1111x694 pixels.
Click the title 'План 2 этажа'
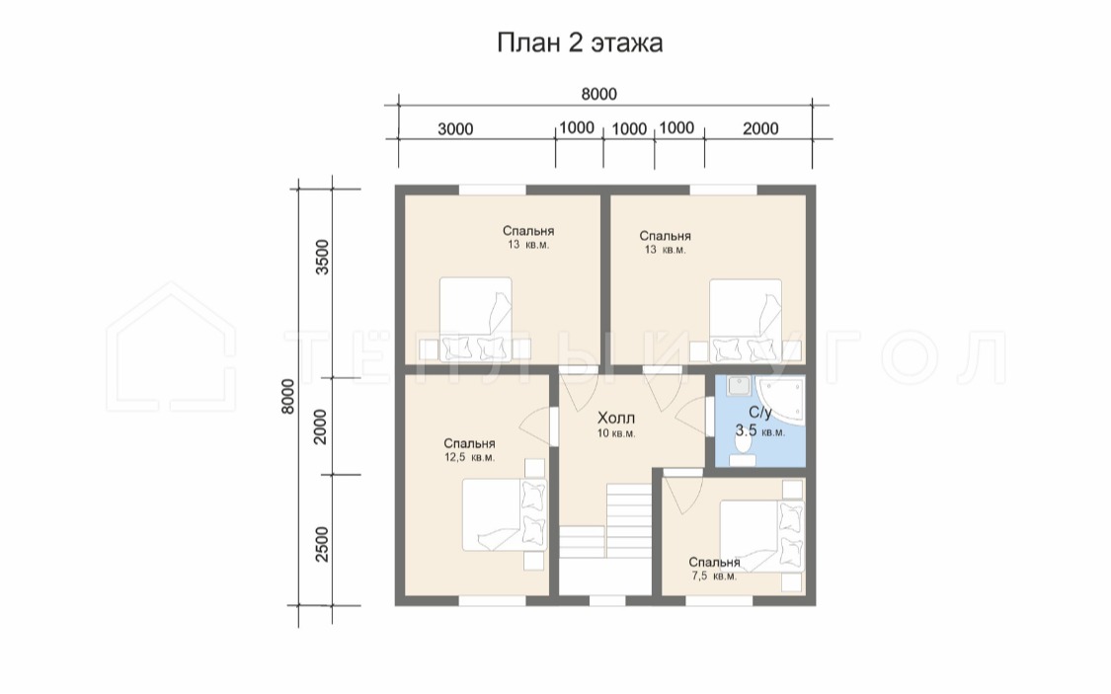tap(580, 43)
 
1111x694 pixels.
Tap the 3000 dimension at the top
tap(455, 129)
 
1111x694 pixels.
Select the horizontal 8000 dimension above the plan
tap(598, 94)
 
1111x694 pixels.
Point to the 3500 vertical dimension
tap(322, 257)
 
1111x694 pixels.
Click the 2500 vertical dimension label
tap(322, 544)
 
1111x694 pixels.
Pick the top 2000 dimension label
tap(760, 129)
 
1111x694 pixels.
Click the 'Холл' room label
tap(615, 418)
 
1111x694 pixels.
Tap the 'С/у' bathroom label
tap(760, 412)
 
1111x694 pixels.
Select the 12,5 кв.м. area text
tap(470, 457)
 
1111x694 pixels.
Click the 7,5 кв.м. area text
tap(713, 577)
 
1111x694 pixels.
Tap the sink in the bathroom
tap(739, 386)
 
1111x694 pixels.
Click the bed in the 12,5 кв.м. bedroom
tap(505, 515)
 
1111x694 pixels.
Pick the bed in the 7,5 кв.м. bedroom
tap(762, 535)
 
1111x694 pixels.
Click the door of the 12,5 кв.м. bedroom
tap(537, 427)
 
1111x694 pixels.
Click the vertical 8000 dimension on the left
tap(287, 397)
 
